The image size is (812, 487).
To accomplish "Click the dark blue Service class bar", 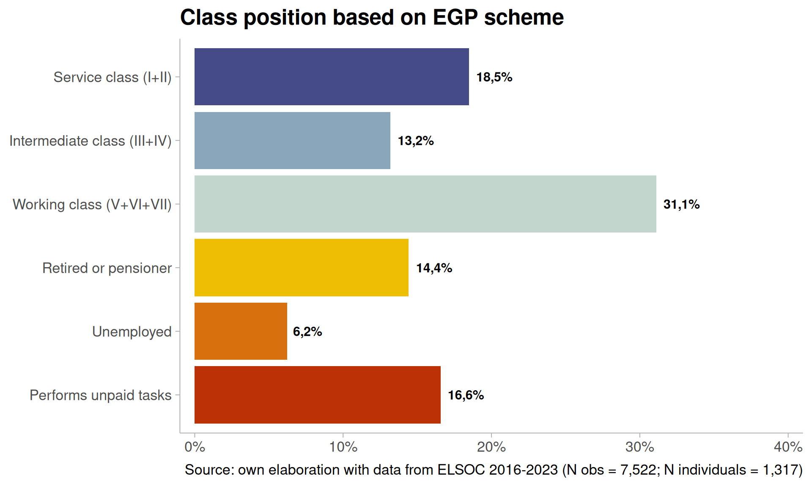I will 332,77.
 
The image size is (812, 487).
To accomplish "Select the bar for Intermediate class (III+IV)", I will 292,140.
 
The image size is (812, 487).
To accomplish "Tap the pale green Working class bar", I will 425,204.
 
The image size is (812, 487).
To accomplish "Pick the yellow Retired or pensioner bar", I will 301,268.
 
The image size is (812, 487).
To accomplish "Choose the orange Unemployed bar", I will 241,331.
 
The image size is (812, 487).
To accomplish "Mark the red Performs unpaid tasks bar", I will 317,395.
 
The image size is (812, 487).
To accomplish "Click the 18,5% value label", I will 494,77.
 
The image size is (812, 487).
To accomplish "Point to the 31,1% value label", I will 681,204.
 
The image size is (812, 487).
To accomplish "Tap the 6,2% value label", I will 307,331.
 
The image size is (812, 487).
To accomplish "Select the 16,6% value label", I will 466,395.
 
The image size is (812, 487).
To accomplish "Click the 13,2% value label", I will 416,140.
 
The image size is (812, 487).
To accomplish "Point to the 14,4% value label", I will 434,268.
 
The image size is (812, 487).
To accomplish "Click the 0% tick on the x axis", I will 195,447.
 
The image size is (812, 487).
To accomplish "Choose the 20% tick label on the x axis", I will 491,447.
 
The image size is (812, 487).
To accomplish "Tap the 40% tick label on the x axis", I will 788,447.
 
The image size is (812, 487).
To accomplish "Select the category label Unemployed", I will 132,331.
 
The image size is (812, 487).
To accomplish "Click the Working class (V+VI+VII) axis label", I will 92,204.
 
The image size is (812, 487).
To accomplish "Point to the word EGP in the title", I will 455,18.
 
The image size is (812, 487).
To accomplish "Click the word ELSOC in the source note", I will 461,470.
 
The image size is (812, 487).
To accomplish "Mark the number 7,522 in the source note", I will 638,470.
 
